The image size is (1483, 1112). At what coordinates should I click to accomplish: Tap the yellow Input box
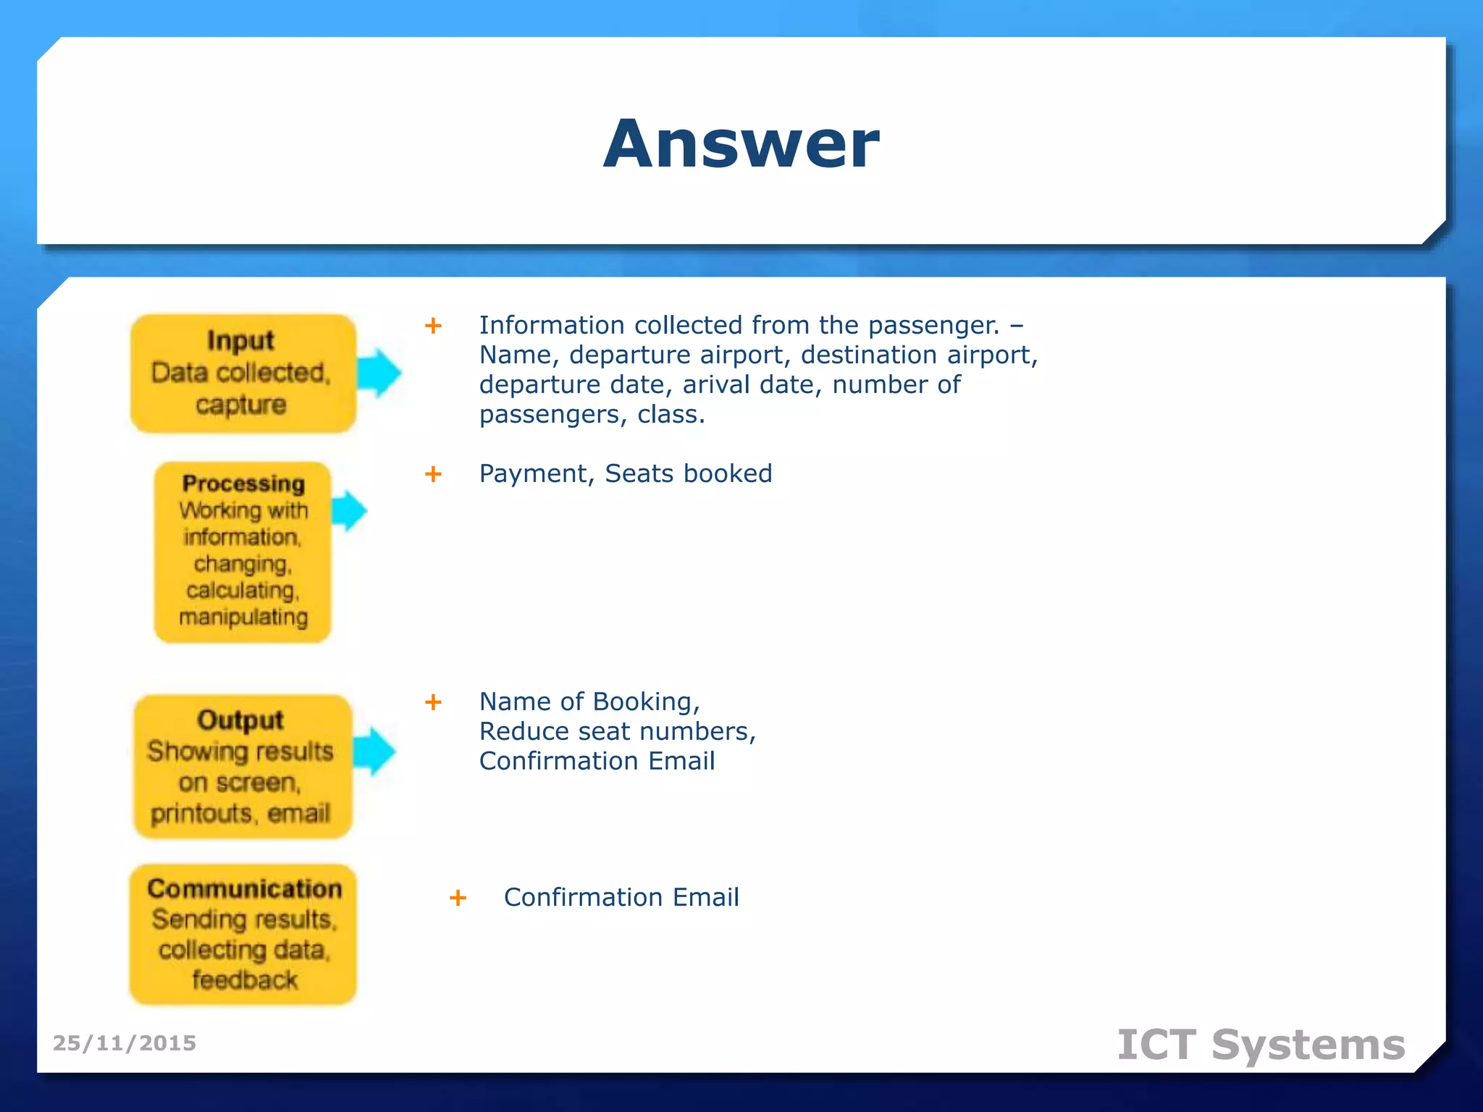click(243, 374)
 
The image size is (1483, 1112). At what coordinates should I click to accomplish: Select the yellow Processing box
click(243, 552)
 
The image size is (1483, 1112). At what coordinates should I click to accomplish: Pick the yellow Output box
click(243, 767)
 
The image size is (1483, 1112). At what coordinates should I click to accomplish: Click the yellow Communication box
click(243, 934)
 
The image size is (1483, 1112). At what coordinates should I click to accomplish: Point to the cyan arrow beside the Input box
click(379, 374)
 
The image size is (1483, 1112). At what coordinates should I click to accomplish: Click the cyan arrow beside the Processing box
click(350, 510)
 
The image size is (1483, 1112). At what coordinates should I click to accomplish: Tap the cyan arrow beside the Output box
click(375, 751)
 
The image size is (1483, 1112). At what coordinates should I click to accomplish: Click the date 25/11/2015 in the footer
click(125, 1043)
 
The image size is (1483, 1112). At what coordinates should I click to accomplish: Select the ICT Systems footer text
click(1261, 1045)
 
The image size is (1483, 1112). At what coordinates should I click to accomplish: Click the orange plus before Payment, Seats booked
click(433, 474)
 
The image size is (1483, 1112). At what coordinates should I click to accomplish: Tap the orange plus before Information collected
click(433, 326)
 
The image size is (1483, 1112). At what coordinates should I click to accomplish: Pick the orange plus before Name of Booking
click(433, 702)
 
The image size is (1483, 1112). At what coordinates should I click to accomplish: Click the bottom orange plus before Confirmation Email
click(458, 898)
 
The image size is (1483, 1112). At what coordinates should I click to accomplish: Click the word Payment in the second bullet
click(536, 473)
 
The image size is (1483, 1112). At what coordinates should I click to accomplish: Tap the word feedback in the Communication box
click(244, 980)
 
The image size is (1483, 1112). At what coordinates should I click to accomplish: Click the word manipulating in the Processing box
click(243, 617)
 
